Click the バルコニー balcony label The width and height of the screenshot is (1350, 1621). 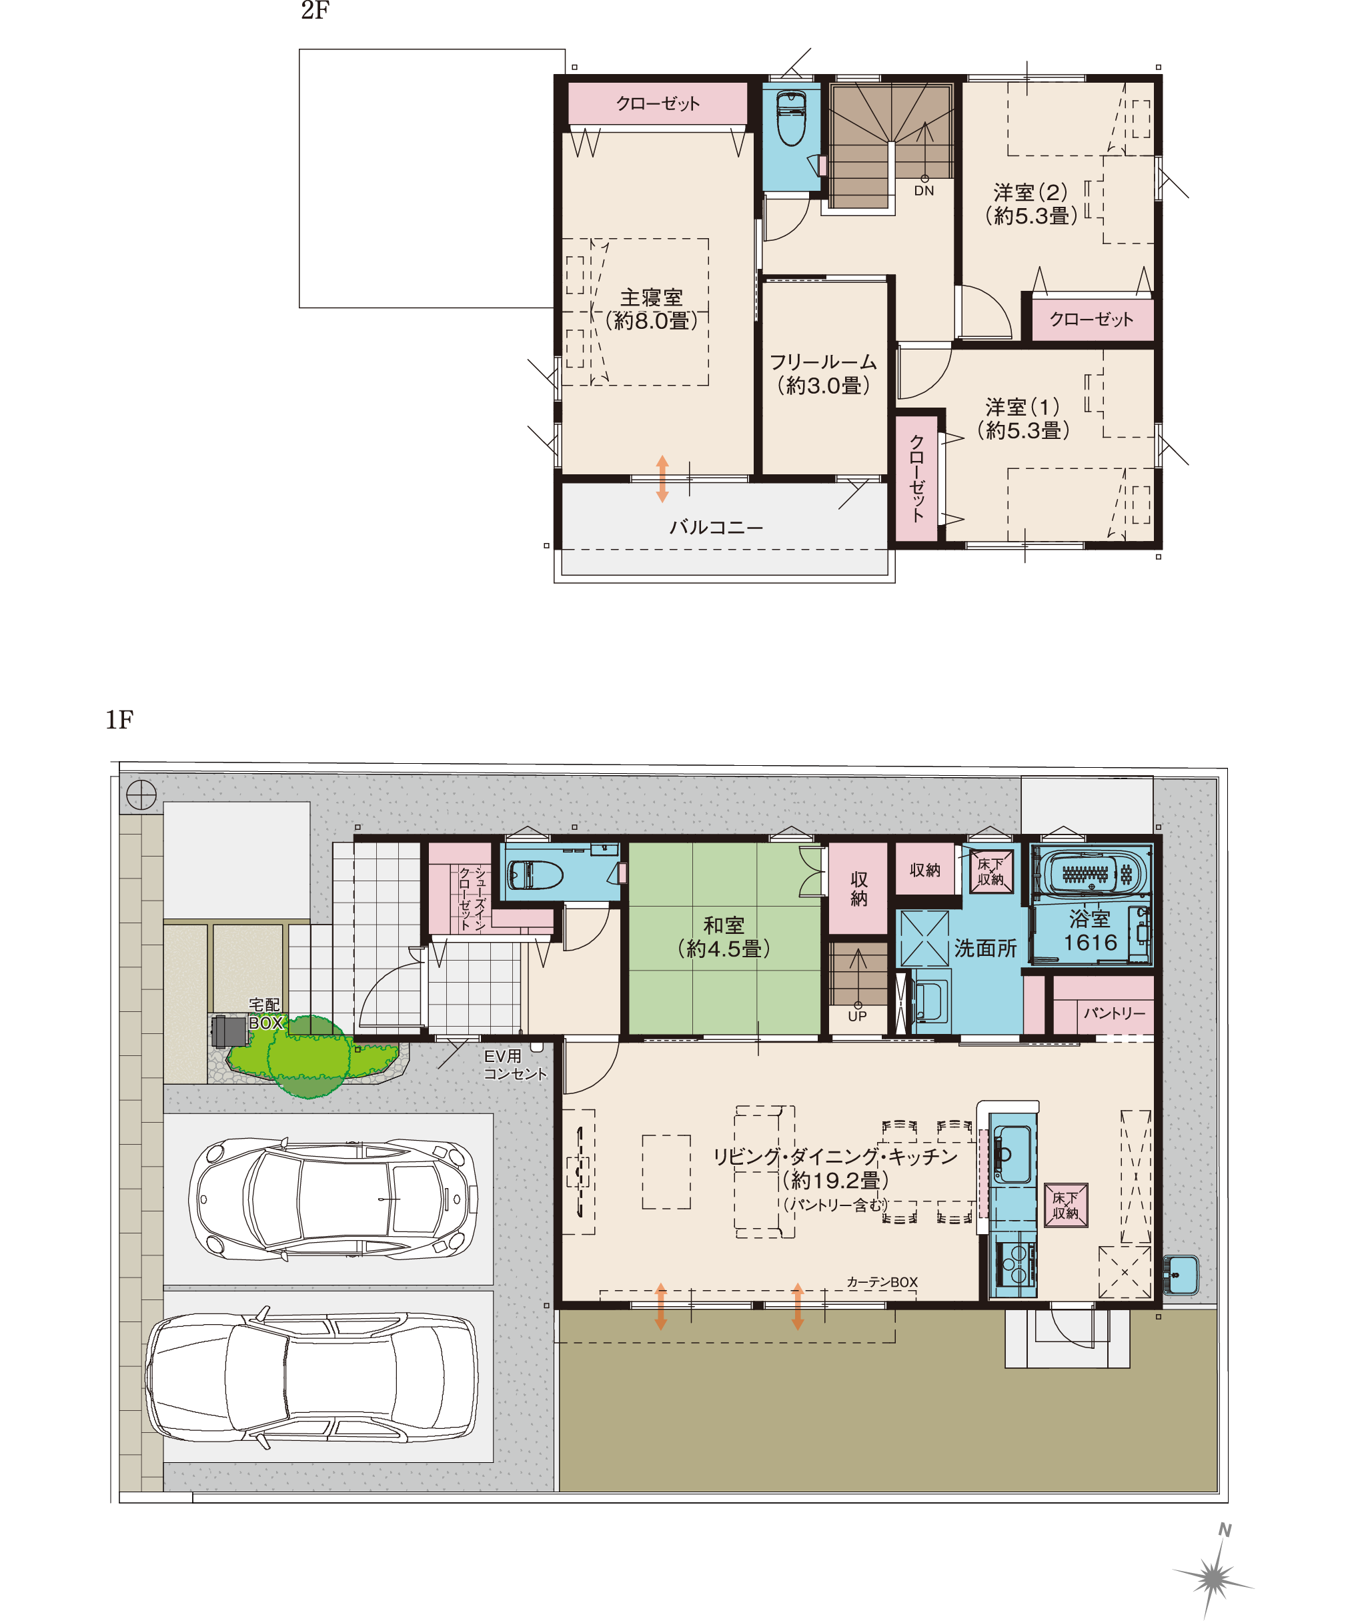click(x=716, y=527)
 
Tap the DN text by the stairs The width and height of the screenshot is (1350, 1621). click(x=924, y=191)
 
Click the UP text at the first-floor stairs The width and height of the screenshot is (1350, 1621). click(x=857, y=1017)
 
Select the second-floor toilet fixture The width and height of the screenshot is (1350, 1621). click(x=791, y=118)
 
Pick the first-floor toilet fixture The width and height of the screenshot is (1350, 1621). click(x=534, y=875)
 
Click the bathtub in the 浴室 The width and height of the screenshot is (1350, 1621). click(x=1092, y=874)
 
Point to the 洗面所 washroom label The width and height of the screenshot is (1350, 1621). click(x=985, y=948)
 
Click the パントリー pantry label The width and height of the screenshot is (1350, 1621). click(x=1114, y=1013)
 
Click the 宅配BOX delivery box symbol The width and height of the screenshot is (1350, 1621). click(x=229, y=1031)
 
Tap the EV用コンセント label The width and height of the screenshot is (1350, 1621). click(x=515, y=1065)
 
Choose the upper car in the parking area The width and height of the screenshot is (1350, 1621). click(x=333, y=1199)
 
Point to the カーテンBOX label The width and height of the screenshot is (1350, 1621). click(x=882, y=1282)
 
